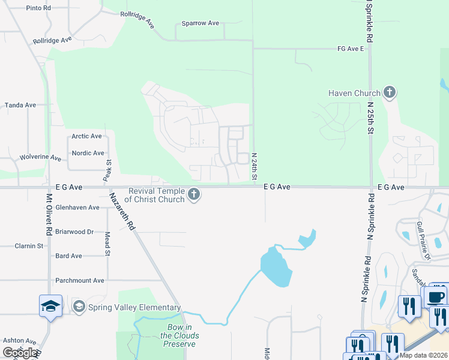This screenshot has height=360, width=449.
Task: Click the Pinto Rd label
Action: click(38, 8)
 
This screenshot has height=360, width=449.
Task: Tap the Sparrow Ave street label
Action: click(200, 23)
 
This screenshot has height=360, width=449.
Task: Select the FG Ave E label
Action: click(351, 48)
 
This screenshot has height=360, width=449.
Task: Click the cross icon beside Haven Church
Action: click(390, 92)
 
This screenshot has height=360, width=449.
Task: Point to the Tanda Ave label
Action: click(20, 105)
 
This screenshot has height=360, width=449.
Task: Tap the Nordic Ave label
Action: click(88, 153)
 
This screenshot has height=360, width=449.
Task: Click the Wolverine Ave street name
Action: click(41, 157)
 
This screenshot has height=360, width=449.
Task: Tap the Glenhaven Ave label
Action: click(77, 208)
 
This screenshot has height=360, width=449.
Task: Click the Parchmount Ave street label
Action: click(80, 280)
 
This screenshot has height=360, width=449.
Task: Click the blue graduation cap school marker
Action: click(50, 306)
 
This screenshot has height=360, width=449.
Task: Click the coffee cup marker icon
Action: click(436, 297)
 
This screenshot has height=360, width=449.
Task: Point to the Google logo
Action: click(20, 353)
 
